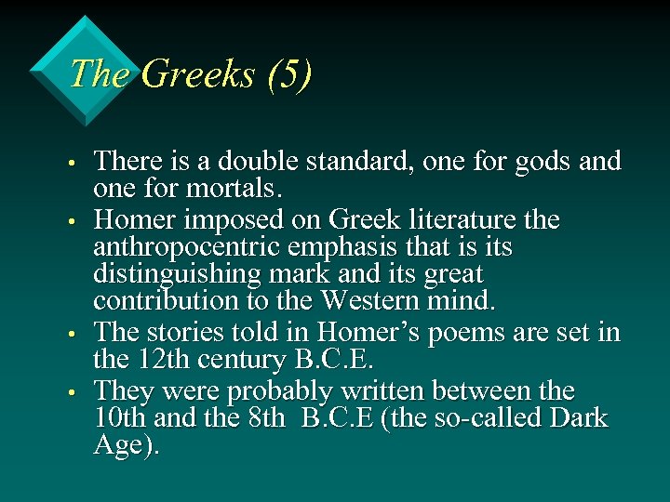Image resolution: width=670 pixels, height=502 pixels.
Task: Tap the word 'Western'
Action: pyautogui.click(x=366, y=301)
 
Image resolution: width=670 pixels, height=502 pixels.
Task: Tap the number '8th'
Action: pyautogui.click(x=269, y=418)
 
